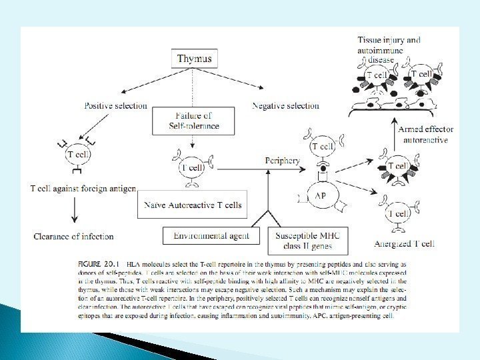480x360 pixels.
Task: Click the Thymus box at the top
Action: pyautogui.click(x=194, y=59)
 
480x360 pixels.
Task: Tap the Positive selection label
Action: pyautogui.click(x=116, y=105)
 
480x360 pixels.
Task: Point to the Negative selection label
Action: pyautogui.click(x=285, y=105)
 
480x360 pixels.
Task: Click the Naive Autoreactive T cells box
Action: pyautogui.click(x=193, y=205)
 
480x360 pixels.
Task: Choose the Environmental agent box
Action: pyautogui.click(x=212, y=235)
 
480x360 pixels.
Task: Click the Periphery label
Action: pyautogui.click(x=283, y=161)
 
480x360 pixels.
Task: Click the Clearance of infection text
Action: pyautogui.click(x=73, y=236)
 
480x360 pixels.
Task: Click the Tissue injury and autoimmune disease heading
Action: pyautogui.click(x=389, y=49)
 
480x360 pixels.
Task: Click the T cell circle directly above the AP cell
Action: pyautogui.click(x=323, y=147)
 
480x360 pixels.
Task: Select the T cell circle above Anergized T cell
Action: pyautogui.click(x=399, y=213)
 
